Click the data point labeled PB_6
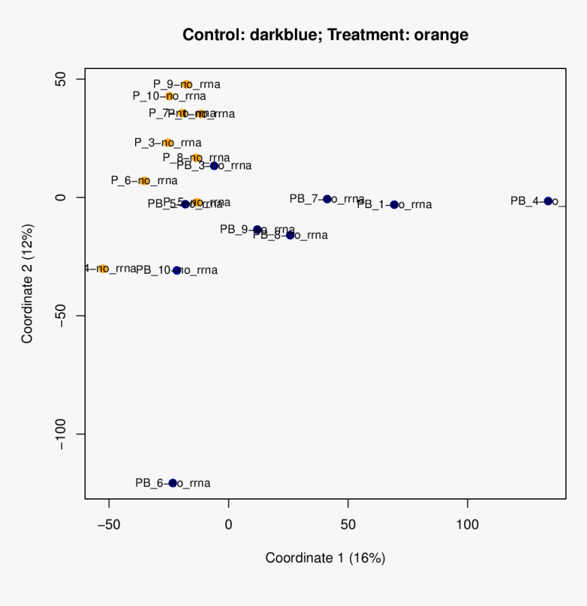click(173, 483)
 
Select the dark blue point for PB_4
click(548, 201)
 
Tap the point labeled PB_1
click(394, 205)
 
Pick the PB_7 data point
click(327, 199)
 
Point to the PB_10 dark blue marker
click(177, 270)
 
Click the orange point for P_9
click(186, 85)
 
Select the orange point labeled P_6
click(144, 181)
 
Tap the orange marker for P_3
click(168, 143)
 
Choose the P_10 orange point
click(169, 96)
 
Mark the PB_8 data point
click(290, 235)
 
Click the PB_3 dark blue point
click(214, 166)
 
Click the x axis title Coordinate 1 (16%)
click(326, 558)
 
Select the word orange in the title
click(441, 35)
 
